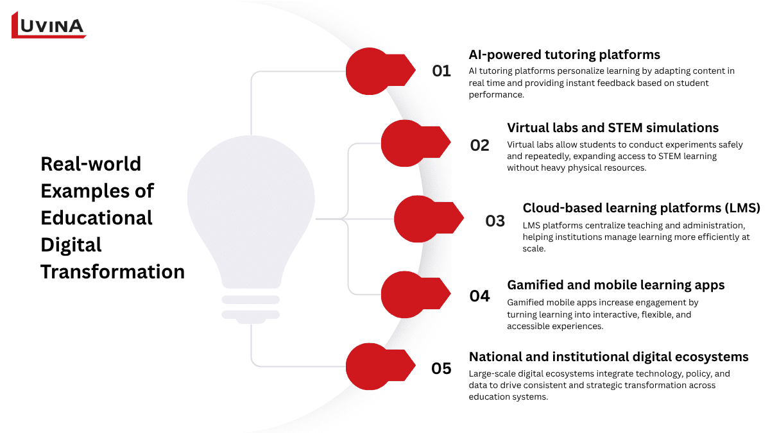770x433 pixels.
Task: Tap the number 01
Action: [x=441, y=71]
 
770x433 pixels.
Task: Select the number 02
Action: [x=480, y=145]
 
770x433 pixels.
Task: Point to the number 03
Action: [x=495, y=221]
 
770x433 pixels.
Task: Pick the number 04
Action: [x=480, y=296]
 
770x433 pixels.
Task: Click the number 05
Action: [x=441, y=369]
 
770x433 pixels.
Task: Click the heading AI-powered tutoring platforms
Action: [x=564, y=55]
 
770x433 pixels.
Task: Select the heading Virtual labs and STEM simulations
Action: [x=613, y=128]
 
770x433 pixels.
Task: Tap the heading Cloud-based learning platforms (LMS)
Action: [x=641, y=208]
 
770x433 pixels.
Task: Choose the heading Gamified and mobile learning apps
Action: [x=615, y=285]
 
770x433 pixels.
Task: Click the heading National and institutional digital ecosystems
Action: [x=608, y=357]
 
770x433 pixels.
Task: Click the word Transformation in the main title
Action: [x=112, y=271]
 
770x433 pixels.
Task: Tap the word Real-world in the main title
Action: [x=90, y=164]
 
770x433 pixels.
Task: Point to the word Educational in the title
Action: [x=96, y=217]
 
